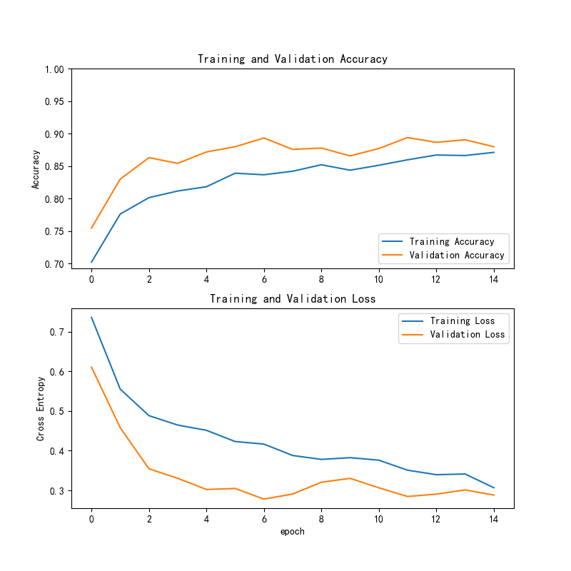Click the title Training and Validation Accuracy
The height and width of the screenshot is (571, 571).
(x=293, y=59)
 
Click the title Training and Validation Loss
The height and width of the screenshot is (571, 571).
(x=293, y=299)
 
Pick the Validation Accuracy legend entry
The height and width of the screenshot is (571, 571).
(x=457, y=256)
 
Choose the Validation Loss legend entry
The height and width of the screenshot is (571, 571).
(x=467, y=335)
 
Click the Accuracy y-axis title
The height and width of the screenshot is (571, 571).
(x=35, y=169)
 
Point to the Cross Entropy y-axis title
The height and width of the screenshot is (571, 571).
(x=41, y=408)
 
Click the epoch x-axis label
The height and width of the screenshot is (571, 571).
(x=293, y=532)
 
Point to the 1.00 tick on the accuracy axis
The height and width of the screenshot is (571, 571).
(x=54, y=69)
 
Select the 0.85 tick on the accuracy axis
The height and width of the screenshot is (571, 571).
(x=54, y=167)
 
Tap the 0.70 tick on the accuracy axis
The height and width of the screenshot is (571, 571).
(x=54, y=264)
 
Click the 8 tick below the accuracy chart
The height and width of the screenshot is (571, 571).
(x=321, y=279)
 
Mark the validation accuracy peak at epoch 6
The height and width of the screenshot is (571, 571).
(x=264, y=138)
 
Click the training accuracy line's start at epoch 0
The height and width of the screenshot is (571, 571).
(x=91, y=262)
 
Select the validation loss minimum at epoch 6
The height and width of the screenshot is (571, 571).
(x=264, y=499)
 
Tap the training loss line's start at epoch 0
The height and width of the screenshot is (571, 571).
(x=91, y=317)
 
